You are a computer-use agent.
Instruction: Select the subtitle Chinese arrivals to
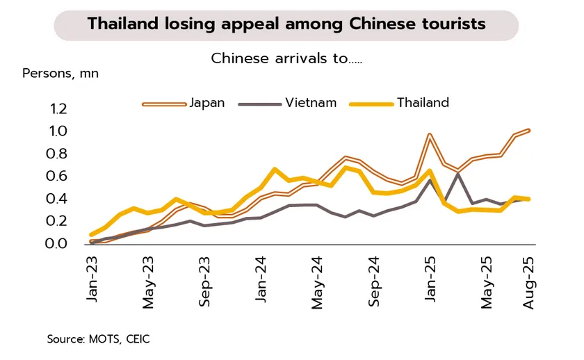[286, 58]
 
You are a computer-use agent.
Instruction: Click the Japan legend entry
[206, 103]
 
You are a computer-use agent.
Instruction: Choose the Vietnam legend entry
[310, 103]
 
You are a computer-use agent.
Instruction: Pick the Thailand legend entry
[423, 103]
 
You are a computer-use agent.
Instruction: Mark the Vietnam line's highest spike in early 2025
[457, 173]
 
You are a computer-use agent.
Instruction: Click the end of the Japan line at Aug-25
[529, 130]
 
